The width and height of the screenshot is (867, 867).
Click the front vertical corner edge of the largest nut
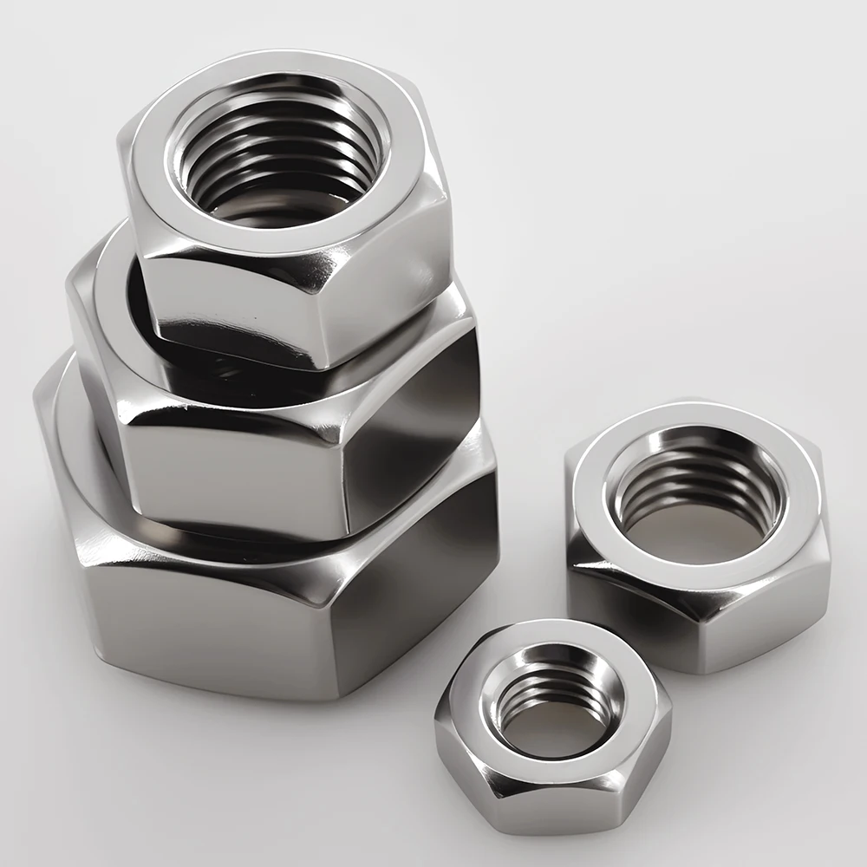pyautogui.click(x=333, y=642)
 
